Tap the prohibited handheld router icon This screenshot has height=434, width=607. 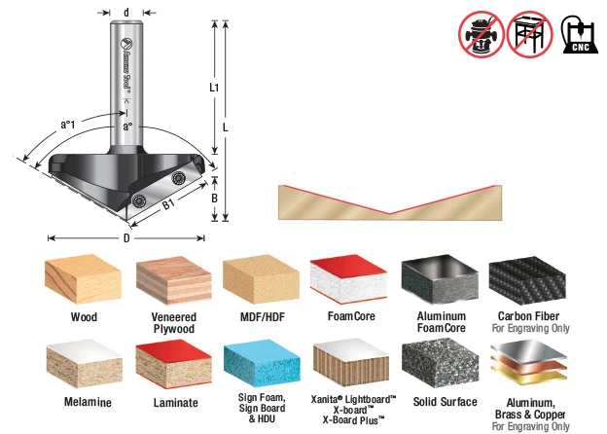click(482, 34)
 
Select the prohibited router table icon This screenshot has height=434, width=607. click(529, 34)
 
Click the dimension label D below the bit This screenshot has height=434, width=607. click(126, 238)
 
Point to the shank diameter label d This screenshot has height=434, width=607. click(126, 13)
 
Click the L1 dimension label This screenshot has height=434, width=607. click(214, 88)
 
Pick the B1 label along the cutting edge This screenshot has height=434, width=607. click(168, 204)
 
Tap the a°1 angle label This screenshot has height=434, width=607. click(68, 125)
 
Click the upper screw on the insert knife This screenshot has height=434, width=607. click(178, 178)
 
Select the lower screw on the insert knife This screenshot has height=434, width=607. click(138, 200)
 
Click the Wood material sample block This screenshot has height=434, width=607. click(83, 277)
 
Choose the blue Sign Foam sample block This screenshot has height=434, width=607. click(262, 364)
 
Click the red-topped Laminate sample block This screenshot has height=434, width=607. click(173, 364)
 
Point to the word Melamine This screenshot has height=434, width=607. click(88, 402)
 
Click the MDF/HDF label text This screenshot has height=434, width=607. click(263, 317)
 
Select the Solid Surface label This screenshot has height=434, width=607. click(445, 402)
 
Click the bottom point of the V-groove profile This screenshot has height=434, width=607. click(390, 213)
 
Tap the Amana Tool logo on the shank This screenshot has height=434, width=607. click(126, 64)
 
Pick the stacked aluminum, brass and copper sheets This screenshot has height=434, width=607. click(528, 362)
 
